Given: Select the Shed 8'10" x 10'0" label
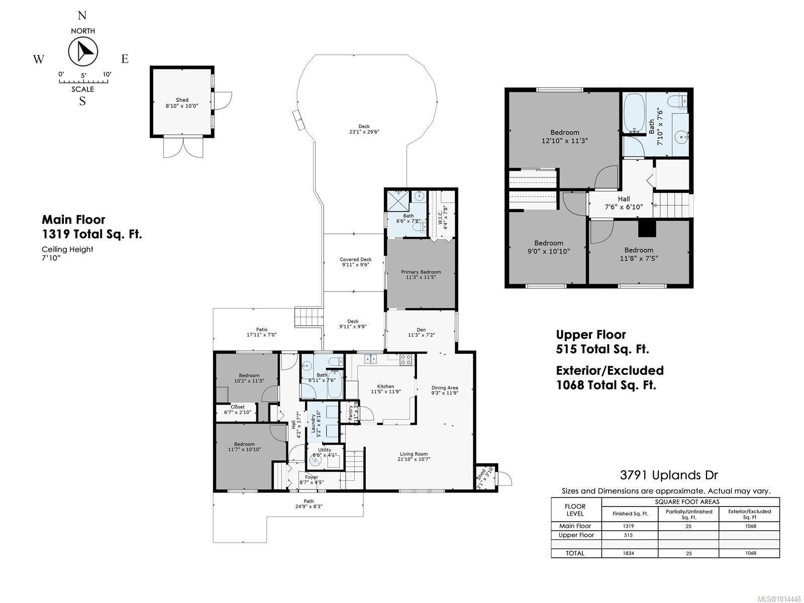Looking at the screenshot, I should coord(182,103).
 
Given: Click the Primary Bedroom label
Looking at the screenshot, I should coord(421,274).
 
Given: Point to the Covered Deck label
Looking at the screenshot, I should coord(355,262).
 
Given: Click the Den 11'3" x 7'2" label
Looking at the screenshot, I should coord(421,332).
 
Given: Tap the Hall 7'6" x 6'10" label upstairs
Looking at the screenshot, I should coord(624,203).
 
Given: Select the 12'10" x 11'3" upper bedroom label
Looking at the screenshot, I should coord(564,137).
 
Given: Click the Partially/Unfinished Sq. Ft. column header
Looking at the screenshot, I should coord(688,514).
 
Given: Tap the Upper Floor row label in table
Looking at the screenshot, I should coord(576,535).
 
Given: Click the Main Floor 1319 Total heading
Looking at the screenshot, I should coord(91,227).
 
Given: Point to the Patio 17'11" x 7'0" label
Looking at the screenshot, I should coord(261,332).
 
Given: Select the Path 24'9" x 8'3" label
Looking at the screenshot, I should coord(309,504).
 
